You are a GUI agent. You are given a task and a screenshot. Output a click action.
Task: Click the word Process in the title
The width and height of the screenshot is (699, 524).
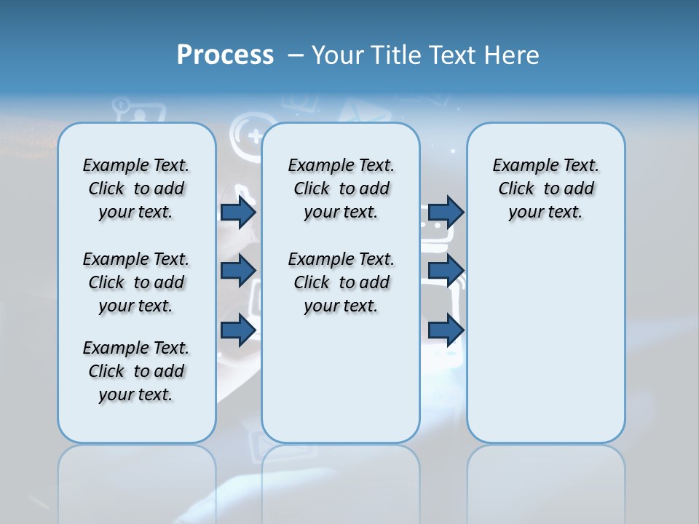(225, 55)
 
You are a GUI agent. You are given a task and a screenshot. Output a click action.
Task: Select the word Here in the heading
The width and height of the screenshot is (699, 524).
(510, 55)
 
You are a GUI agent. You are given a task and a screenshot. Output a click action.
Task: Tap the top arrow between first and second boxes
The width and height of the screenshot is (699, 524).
(238, 212)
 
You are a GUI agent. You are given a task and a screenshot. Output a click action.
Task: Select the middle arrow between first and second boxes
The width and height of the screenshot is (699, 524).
(238, 271)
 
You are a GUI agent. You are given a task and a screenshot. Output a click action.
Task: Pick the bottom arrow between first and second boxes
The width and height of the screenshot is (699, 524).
(238, 330)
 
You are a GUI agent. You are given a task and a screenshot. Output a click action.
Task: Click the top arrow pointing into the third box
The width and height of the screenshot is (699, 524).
(446, 212)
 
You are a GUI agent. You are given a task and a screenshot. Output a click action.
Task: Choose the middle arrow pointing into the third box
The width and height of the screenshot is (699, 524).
(446, 271)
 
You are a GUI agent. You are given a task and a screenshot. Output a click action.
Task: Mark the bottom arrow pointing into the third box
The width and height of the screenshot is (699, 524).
(446, 330)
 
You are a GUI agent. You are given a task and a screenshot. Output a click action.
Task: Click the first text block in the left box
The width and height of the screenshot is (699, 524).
(136, 188)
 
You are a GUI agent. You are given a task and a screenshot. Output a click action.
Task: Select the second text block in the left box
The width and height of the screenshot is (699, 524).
(136, 282)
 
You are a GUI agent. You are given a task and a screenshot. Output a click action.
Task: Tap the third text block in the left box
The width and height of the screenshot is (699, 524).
(136, 371)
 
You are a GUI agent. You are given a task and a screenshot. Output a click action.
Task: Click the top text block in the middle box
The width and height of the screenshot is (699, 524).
(341, 188)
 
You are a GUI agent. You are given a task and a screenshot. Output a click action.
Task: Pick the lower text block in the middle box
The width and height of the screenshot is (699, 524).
(341, 282)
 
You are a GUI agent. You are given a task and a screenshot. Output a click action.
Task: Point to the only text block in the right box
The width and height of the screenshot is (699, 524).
(545, 188)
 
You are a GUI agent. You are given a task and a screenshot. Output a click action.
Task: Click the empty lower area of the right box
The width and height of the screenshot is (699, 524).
(545, 342)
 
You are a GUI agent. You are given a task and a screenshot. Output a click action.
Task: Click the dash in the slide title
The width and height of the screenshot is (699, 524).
(296, 55)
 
